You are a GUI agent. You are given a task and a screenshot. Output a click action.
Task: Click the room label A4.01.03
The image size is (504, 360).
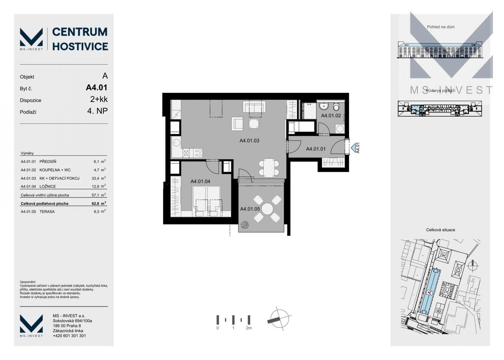tap(249, 141)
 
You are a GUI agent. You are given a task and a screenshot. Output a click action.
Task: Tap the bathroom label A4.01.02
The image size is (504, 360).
tap(331, 116)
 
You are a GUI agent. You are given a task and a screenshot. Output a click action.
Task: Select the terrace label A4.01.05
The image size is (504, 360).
tap(250, 209)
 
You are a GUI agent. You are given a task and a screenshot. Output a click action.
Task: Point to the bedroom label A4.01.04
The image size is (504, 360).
tap(200, 181)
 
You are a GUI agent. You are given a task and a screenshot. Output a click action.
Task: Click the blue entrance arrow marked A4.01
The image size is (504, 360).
tap(353, 148)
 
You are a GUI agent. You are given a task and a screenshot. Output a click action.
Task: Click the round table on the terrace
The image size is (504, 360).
tap(267, 209)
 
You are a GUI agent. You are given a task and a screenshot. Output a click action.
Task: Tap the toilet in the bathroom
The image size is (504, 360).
tap(336, 106)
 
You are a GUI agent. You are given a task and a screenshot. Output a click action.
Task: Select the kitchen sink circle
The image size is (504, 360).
tap(176, 142)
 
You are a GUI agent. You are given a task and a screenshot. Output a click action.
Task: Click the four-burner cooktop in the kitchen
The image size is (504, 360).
tap(198, 153)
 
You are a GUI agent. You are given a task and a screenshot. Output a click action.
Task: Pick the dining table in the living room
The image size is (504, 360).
tap(269, 168)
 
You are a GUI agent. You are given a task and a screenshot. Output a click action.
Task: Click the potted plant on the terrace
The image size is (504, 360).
tap(245, 225)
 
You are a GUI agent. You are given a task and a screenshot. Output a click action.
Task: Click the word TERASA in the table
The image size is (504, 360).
tap(47, 212)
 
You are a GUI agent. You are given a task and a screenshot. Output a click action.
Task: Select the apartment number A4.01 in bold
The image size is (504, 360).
tap(97, 88)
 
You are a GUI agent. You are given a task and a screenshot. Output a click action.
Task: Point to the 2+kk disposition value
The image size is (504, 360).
tap(99, 99)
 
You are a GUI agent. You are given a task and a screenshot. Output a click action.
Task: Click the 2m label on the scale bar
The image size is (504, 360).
tap(249, 328)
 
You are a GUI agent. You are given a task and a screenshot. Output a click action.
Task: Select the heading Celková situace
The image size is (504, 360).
tap(440, 230)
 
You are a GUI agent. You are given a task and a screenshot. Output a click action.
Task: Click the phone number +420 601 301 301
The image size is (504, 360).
tap(69, 336)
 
